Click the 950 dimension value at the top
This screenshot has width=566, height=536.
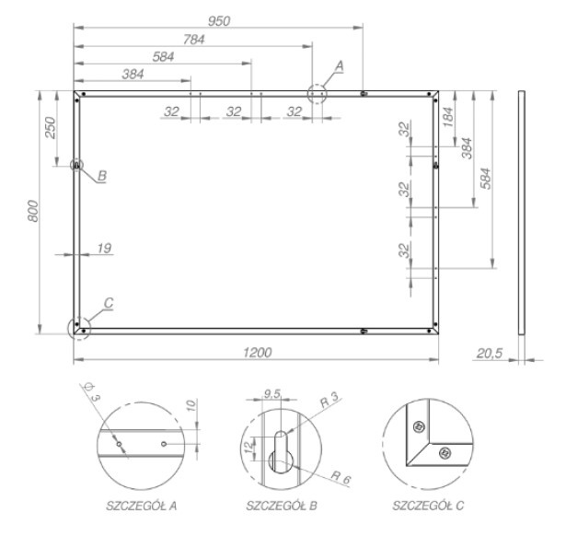click(x=219, y=21)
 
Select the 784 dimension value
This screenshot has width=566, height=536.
click(x=194, y=40)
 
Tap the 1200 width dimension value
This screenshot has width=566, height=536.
click(x=257, y=352)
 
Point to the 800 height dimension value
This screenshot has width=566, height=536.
click(x=33, y=211)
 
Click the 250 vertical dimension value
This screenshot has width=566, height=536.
click(x=51, y=128)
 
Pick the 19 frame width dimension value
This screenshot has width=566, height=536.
click(x=104, y=248)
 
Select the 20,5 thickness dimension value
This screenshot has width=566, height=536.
click(x=490, y=353)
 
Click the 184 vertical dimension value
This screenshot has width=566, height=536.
click(x=447, y=117)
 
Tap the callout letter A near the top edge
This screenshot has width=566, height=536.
click(x=340, y=66)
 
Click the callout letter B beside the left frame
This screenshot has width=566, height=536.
click(x=102, y=176)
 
